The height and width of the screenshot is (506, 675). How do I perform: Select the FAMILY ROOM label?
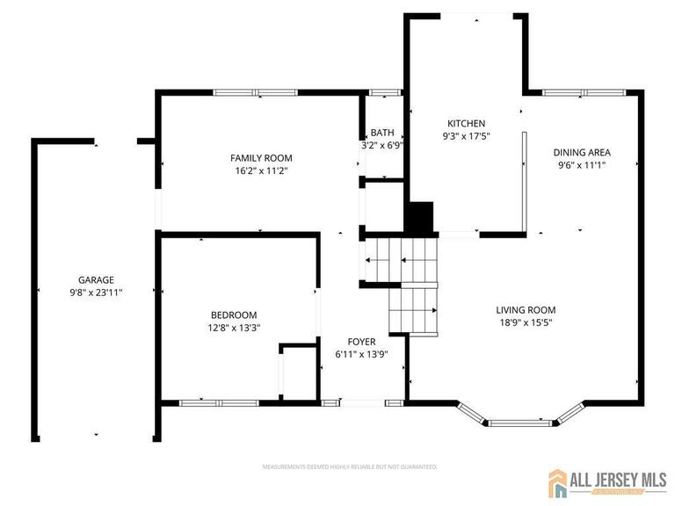261,158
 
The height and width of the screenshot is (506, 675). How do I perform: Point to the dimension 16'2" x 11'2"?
261,170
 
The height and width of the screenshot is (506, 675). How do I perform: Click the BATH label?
382,133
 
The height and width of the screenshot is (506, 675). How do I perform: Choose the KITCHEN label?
466,124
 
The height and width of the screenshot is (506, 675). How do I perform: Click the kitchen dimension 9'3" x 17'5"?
466,136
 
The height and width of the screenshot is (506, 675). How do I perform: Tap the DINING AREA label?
581,151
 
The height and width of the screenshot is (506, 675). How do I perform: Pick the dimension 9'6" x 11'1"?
581,163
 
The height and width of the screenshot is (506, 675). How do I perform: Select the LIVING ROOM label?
526,309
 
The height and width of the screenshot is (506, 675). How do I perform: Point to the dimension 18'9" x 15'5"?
526,322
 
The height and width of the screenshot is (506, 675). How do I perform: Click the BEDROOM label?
233,315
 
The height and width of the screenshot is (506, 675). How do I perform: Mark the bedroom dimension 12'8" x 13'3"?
233,328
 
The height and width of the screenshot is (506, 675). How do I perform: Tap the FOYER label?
361,342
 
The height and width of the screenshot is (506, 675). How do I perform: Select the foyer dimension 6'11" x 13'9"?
361,354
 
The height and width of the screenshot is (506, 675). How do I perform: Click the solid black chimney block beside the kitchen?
421,217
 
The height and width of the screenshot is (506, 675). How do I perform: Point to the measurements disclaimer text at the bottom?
350,466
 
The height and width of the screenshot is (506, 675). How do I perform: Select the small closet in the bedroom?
300,373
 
